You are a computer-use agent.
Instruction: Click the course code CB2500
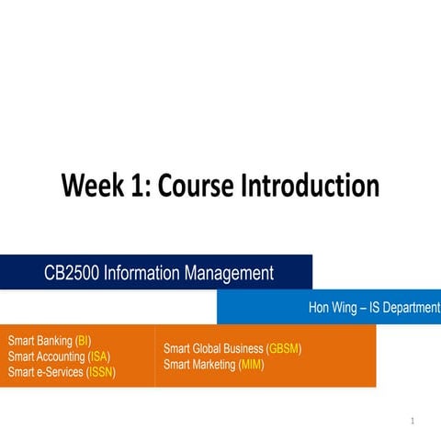73,272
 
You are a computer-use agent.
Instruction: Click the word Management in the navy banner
232,272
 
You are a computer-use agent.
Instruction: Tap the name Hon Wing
333,308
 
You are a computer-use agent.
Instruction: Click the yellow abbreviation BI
83,341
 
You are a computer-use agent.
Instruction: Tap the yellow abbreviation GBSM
283,349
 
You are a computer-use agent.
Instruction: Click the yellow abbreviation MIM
251,365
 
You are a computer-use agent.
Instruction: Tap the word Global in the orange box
215,349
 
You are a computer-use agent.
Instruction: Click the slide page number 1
413,422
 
